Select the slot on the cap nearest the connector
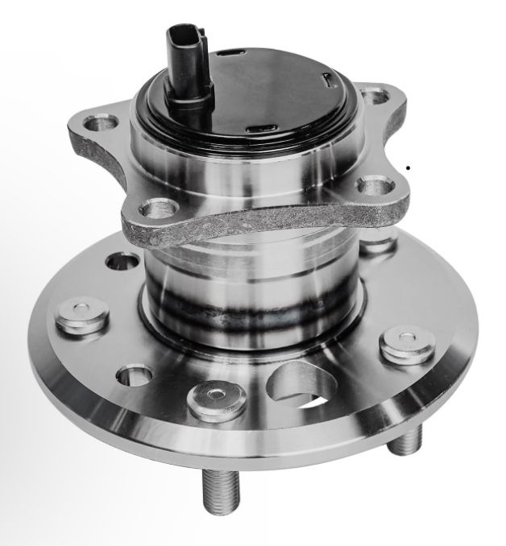click(x=230, y=54)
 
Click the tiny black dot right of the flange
click(x=409, y=168)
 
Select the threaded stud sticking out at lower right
click(x=408, y=440)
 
